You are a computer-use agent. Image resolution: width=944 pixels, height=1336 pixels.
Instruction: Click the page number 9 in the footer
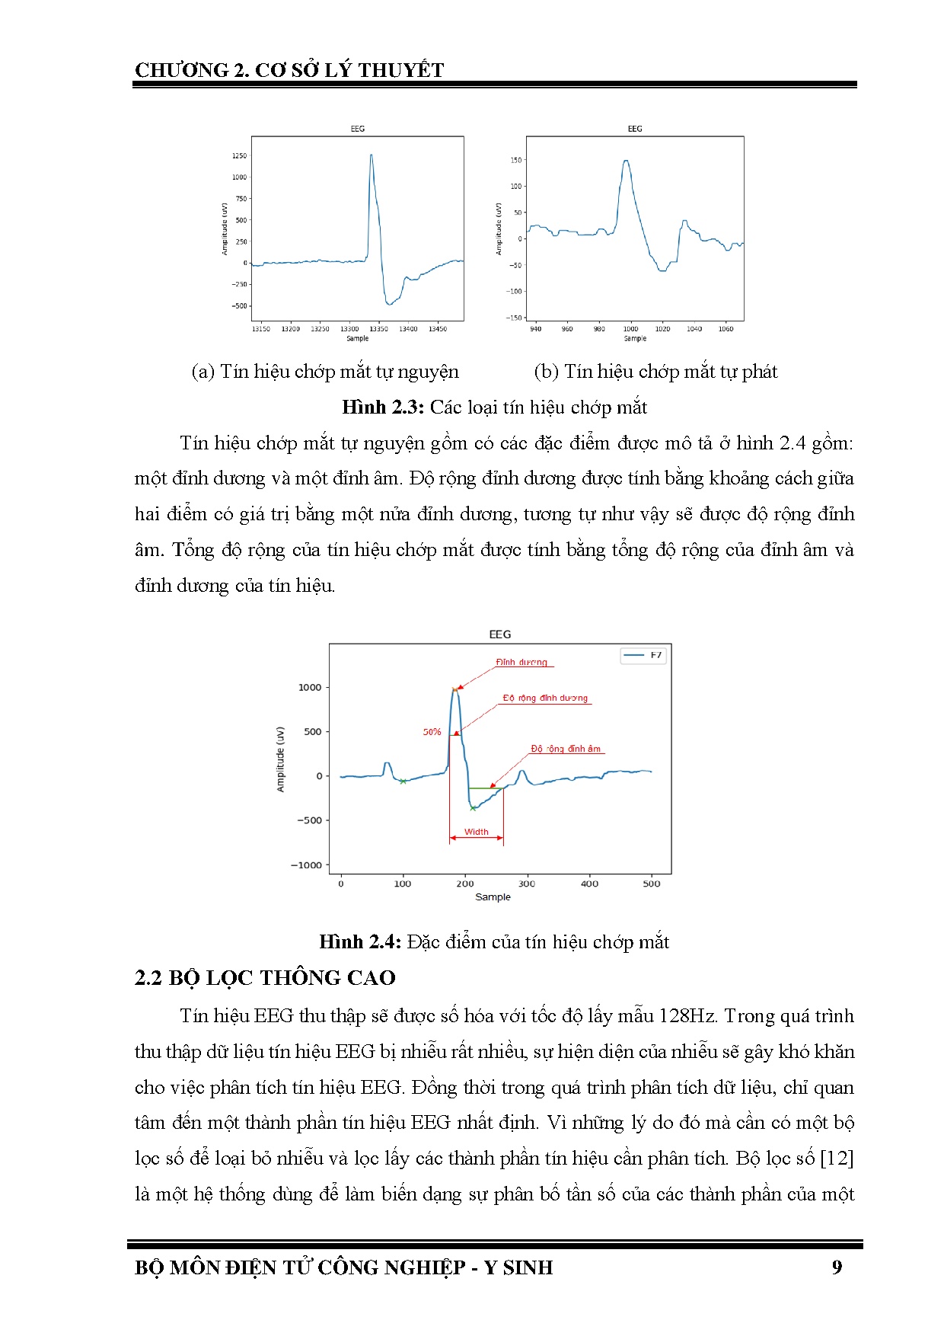coord(837,1267)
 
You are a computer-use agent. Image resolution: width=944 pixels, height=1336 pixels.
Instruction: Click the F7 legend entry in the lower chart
coord(655,655)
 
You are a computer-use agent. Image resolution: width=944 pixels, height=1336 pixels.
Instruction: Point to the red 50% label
coord(432,732)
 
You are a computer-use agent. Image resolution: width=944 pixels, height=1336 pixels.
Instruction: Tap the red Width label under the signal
coord(477,832)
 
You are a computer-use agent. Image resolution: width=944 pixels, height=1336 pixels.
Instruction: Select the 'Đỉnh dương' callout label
coord(521,662)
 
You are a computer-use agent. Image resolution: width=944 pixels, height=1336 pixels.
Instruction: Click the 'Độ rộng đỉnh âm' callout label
coord(566,749)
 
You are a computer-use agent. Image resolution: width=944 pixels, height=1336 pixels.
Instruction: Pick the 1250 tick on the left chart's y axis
coord(239,156)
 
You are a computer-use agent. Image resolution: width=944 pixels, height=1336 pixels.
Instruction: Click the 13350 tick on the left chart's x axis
coord(378,329)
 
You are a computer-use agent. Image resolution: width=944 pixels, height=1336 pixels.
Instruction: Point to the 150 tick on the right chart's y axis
coord(516,160)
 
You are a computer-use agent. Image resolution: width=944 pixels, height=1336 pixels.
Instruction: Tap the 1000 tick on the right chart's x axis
coord(631,329)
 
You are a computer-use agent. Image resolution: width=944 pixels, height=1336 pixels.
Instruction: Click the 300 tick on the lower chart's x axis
coord(527,884)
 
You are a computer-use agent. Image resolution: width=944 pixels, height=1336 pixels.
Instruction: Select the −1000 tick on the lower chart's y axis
coord(307,865)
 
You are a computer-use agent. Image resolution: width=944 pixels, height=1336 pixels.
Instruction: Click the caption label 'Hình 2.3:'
coord(383,408)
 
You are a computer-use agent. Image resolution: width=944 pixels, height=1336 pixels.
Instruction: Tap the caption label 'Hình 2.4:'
coord(360,942)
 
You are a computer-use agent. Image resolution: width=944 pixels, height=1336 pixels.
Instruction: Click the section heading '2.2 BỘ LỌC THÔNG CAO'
coord(265,978)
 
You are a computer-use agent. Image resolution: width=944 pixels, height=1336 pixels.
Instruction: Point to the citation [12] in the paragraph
coord(837,1159)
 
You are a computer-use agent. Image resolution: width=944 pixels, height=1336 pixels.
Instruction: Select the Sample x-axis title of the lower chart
coord(493,897)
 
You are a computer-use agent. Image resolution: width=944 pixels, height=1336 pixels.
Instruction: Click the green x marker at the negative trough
coord(473,808)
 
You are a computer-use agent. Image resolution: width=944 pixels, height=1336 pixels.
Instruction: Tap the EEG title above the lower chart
coord(499,634)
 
